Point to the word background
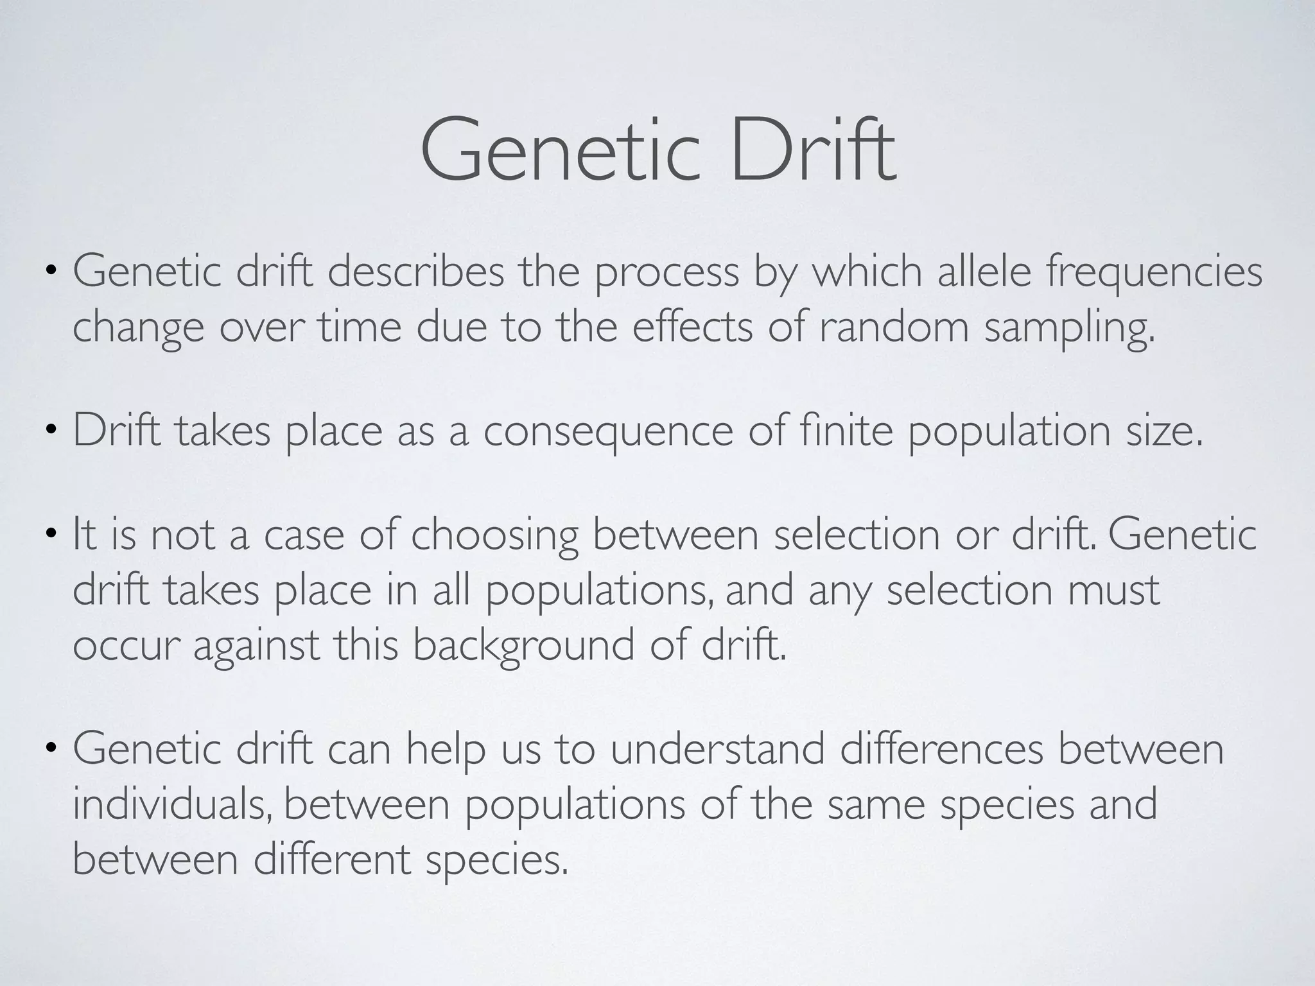523,646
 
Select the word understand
717,750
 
